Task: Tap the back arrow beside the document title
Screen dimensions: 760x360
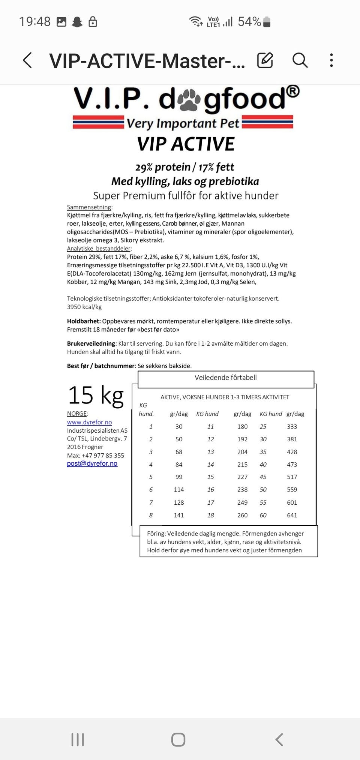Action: (x=27, y=60)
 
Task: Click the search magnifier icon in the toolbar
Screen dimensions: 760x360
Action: (x=300, y=60)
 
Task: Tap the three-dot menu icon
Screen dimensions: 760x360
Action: (x=331, y=60)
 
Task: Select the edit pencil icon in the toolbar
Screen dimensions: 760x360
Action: (x=265, y=60)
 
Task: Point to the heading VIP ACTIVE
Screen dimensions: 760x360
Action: (x=186, y=144)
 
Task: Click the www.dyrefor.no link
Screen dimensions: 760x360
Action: (x=89, y=422)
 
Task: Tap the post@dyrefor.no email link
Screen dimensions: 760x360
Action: (x=92, y=463)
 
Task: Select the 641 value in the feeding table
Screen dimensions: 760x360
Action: (x=292, y=515)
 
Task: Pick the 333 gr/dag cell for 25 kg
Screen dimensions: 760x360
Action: (x=292, y=427)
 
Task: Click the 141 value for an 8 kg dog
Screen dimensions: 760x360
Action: (x=179, y=515)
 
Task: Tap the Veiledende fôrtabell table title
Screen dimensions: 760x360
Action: (x=225, y=378)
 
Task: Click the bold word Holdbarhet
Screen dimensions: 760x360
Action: (x=84, y=321)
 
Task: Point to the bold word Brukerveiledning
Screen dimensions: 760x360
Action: (x=91, y=343)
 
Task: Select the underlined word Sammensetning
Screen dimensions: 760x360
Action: (x=89, y=207)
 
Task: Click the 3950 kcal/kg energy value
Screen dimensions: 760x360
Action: (x=84, y=307)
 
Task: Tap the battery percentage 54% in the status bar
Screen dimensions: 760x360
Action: (x=249, y=22)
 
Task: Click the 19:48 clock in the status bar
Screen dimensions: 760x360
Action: (x=34, y=22)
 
